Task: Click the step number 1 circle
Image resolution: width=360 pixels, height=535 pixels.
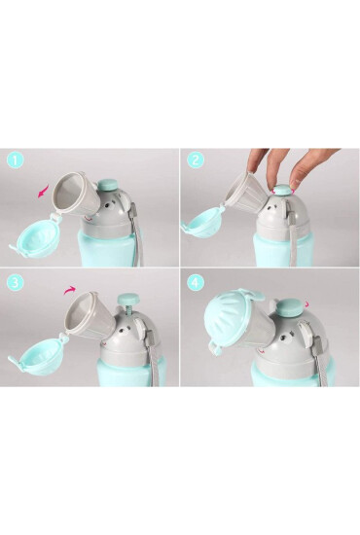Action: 15,160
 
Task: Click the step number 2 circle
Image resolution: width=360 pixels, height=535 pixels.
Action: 196,160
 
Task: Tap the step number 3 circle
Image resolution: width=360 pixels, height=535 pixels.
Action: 16,282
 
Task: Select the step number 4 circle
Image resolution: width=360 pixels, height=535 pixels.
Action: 196,282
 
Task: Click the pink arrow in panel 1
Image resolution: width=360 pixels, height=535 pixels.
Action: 43,192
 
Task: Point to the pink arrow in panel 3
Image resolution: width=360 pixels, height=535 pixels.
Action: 70,290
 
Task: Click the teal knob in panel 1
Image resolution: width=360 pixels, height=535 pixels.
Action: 108,186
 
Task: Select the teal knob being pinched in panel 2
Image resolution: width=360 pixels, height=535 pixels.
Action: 283,190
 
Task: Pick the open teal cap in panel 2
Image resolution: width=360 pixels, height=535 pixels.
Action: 203,221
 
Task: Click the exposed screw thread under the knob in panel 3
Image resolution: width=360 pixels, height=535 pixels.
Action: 128,310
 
